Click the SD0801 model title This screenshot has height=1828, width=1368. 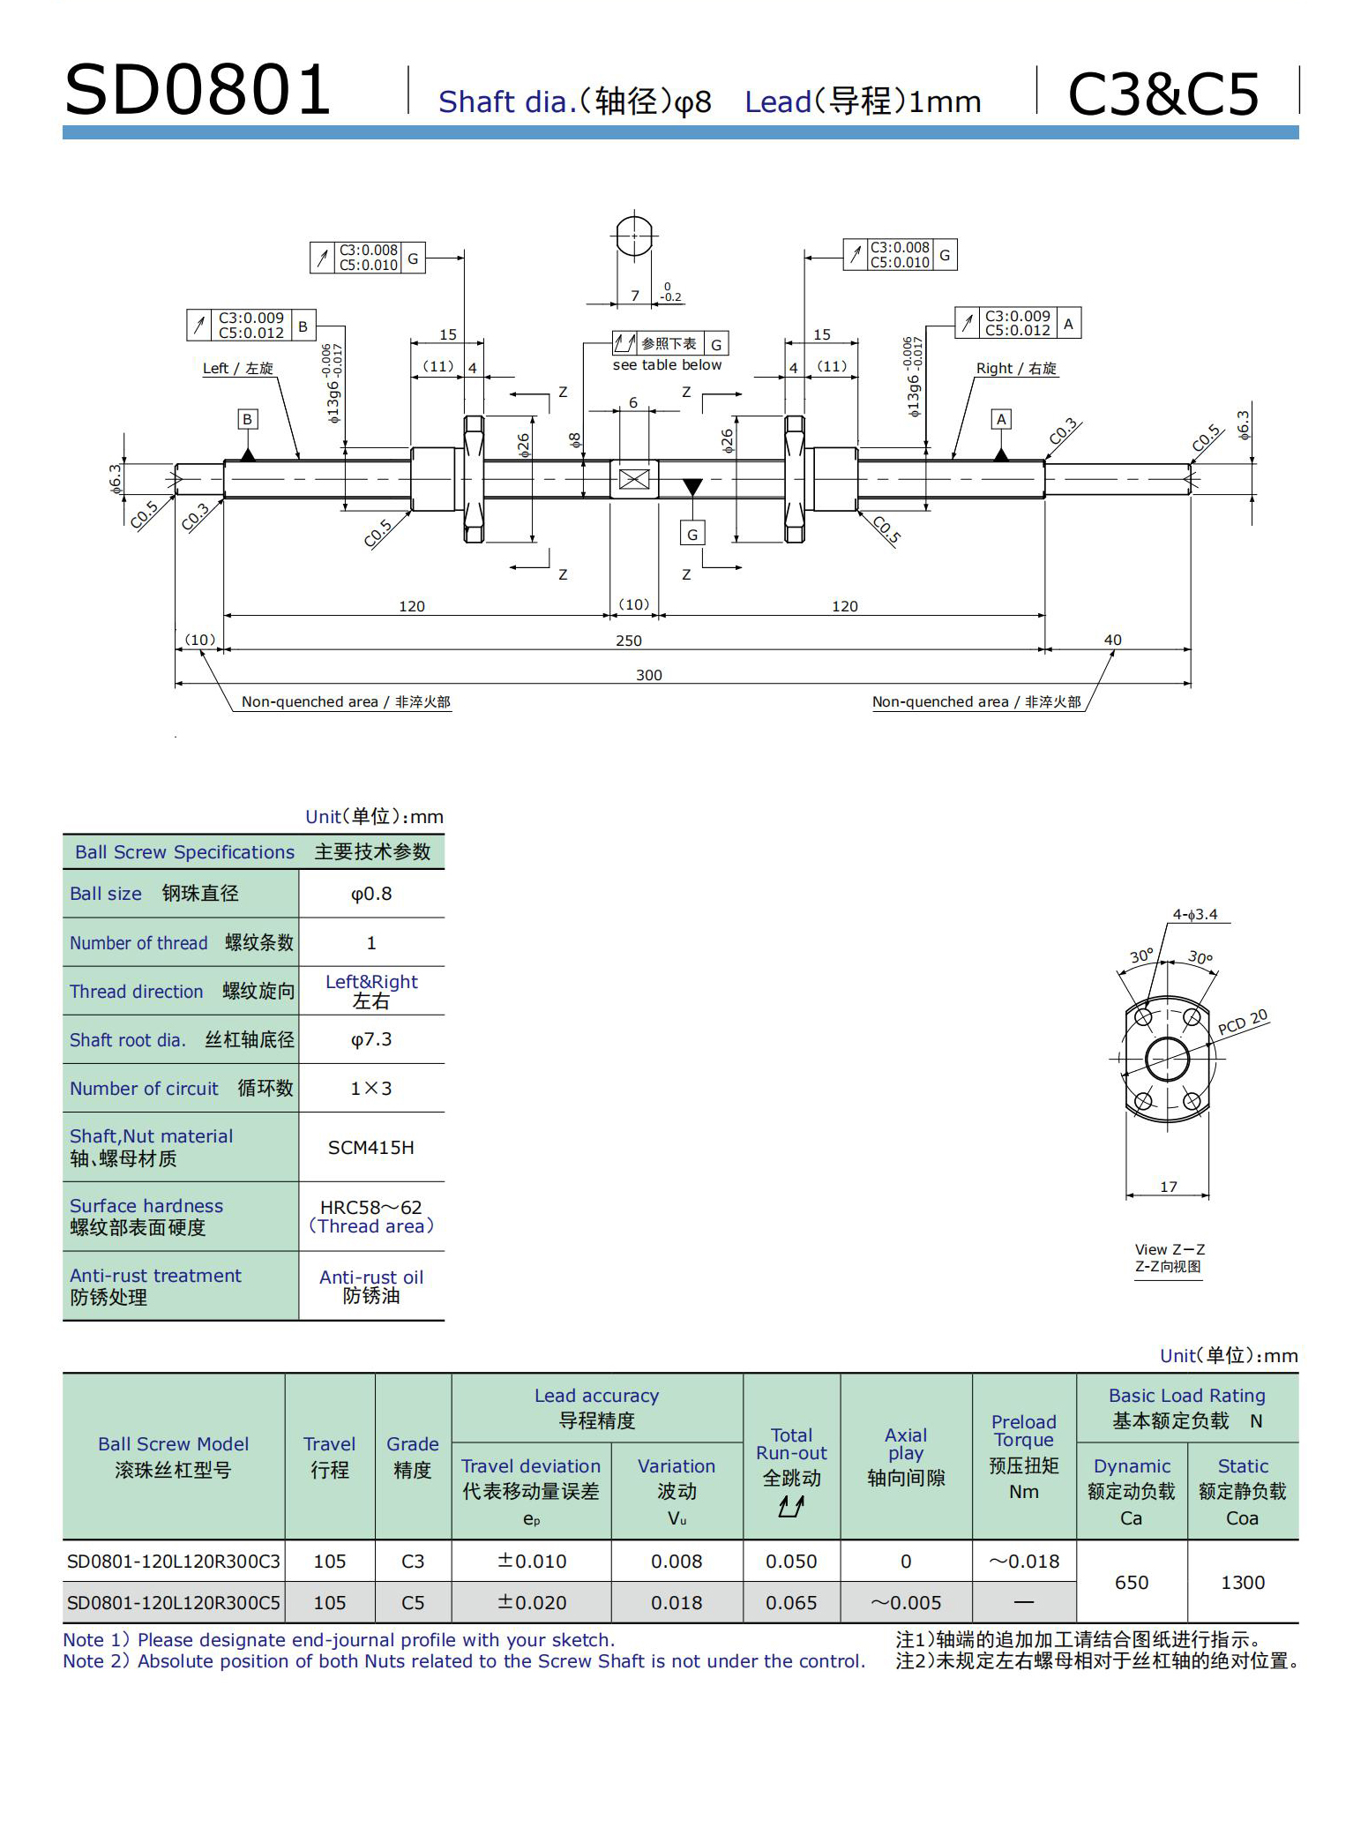[198, 91]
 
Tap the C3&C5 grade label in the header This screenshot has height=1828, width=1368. [1162, 94]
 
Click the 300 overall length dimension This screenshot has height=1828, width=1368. [648, 675]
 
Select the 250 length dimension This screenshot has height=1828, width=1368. [628, 641]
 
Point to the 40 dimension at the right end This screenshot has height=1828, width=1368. [1112, 640]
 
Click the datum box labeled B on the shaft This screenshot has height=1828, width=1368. [248, 420]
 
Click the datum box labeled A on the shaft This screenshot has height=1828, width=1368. [1000, 419]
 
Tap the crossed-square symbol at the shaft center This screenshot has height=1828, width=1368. [634, 479]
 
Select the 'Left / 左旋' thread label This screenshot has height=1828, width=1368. [238, 369]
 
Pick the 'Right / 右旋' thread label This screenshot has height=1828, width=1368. [1016, 369]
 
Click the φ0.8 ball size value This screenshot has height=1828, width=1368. [371, 894]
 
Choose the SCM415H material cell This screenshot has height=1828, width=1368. [370, 1148]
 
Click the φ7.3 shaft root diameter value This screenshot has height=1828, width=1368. [371, 1039]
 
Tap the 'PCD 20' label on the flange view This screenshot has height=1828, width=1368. [1242, 1022]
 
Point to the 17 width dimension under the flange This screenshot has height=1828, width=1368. [1168, 1187]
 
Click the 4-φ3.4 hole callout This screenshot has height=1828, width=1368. [1195, 915]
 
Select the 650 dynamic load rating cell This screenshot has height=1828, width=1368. [1132, 1583]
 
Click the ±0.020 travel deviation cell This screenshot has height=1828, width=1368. [531, 1603]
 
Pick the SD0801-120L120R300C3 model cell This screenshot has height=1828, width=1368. [174, 1562]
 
